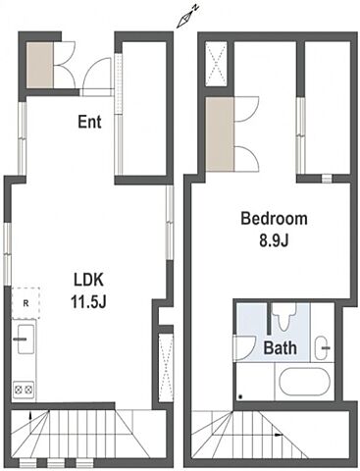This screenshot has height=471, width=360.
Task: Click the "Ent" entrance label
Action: [89, 122]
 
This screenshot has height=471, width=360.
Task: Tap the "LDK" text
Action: [89, 281]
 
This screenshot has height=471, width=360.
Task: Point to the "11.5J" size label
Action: [88, 302]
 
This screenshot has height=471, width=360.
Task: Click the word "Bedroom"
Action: [274, 219]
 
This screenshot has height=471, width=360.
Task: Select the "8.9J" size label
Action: [274, 240]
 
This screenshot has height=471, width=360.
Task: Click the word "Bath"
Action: [281, 347]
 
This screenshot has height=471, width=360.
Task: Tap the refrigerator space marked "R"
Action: [26, 303]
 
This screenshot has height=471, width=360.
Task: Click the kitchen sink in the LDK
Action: [26, 339]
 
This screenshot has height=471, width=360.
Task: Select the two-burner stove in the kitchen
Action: [24, 390]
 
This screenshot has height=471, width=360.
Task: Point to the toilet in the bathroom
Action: [284, 316]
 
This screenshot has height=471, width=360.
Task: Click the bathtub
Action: [305, 381]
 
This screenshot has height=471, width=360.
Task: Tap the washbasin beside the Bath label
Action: [323, 347]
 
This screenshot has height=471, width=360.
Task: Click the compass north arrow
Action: [187, 17]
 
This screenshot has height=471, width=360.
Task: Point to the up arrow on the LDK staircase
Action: [30, 415]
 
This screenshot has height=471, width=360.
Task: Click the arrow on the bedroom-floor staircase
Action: [278, 435]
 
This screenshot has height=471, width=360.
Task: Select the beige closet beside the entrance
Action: [39, 65]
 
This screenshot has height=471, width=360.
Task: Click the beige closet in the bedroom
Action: [220, 133]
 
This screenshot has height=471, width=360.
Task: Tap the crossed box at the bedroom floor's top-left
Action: [217, 64]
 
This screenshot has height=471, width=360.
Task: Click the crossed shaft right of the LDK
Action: [165, 367]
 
